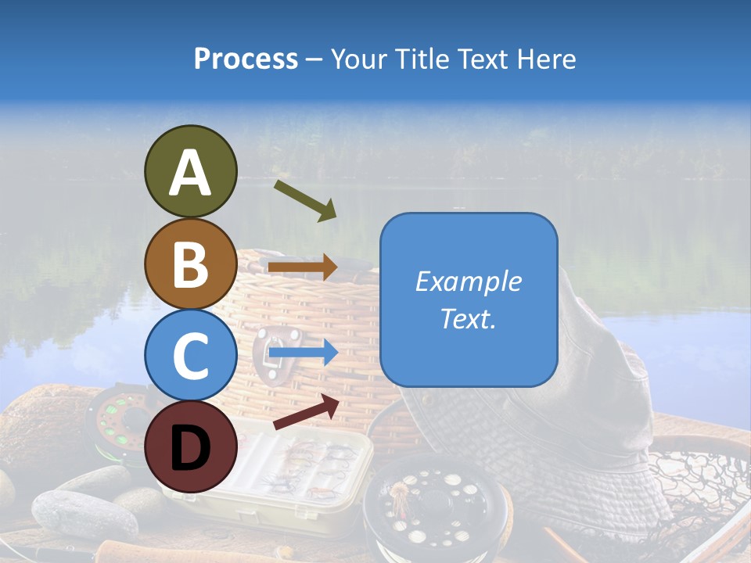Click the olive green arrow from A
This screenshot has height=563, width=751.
coord(305,200)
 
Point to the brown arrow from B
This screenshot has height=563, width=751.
coord(303,267)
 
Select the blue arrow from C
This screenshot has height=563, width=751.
coord(303,354)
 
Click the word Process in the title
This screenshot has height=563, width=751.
coord(246,59)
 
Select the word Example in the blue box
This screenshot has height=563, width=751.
coord(468,281)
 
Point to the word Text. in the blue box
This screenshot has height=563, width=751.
coord(468,319)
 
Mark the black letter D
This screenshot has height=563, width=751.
coord(190,448)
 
